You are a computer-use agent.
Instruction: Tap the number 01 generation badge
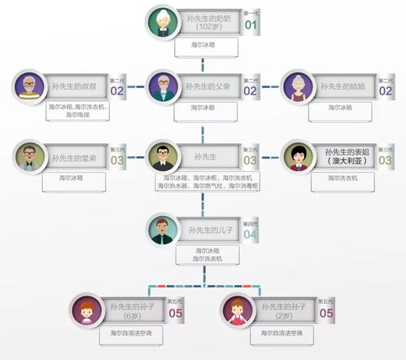pyautogui.click(x=251, y=24)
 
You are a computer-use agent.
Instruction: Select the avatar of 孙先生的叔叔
pyautogui.click(x=30, y=88)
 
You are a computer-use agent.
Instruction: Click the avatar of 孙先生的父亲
pyautogui.click(x=163, y=88)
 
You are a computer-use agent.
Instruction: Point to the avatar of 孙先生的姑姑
pyautogui.click(x=296, y=88)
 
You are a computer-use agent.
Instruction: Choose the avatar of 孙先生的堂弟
pyautogui.click(x=30, y=157)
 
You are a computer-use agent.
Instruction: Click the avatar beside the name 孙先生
pyautogui.click(x=163, y=157)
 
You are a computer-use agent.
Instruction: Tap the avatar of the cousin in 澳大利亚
pyautogui.click(x=297, y=157)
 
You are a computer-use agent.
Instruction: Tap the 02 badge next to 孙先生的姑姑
pyautogui.click(x=385, y=91)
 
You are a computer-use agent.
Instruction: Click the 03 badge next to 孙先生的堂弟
pyautogui.click(x=117, y=160)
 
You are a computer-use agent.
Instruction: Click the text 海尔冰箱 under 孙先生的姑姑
pyautogui.click(x=341, y=108)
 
